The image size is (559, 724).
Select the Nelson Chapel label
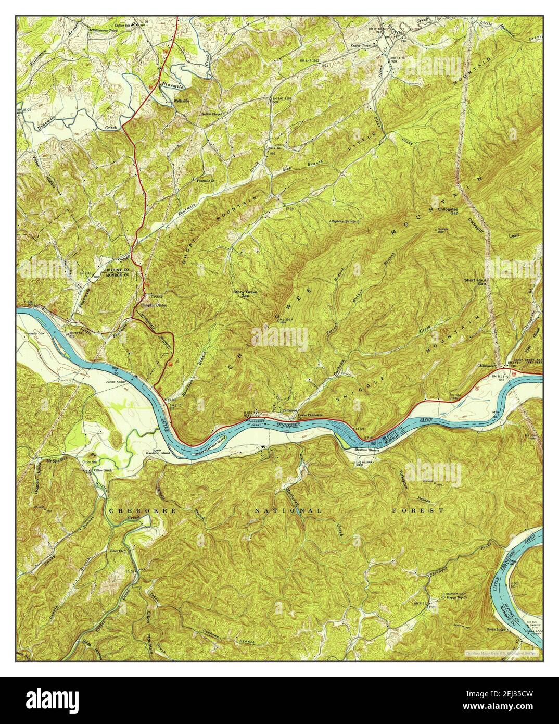[212, 114]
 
